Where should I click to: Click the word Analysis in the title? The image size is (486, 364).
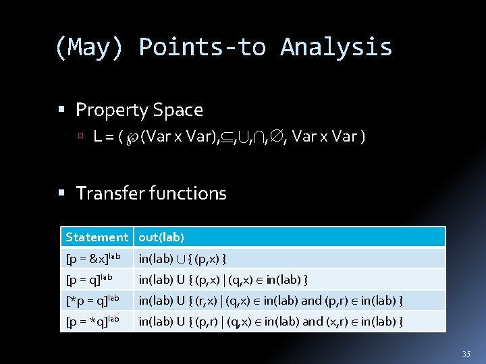point(336,47)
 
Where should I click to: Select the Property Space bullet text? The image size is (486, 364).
point(139,109)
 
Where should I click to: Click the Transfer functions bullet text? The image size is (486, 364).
point(151,193)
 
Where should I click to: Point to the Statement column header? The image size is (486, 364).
point(97,237)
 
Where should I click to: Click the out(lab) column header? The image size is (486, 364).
point(161,237)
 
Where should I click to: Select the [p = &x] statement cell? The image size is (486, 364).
point(93,258)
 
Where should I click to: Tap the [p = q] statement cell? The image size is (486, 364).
point(88,279)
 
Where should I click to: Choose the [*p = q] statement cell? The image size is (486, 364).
point(92,300)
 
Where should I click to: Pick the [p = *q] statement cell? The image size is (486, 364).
point(92,321)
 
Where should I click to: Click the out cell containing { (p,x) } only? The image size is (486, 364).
point(182,258)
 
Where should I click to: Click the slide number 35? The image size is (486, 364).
point(466,354)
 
